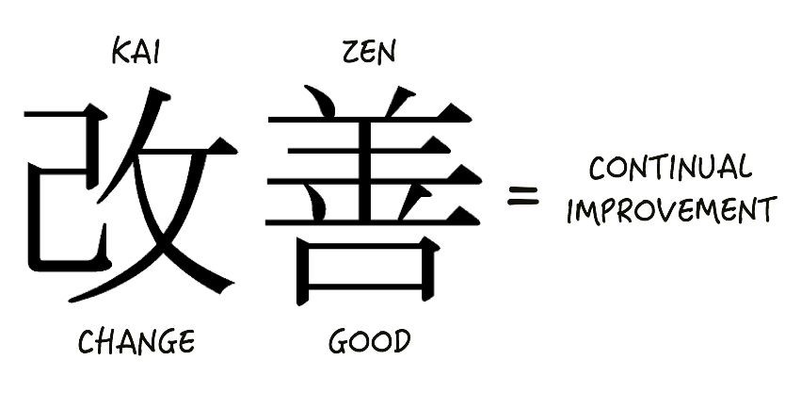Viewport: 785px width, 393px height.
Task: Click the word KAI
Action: (x=136, y=54)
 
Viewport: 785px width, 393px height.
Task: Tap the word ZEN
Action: (x=369, y=54)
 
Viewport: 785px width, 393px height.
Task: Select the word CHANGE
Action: (x=136, y=341)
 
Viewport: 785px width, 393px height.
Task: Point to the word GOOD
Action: (x=369, y=341)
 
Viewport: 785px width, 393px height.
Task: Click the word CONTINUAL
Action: (x=670, y=170)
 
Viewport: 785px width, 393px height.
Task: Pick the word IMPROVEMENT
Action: (x=671, y=209)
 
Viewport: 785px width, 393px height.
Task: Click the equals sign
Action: (x=523, y=196)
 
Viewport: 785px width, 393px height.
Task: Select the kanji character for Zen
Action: (x=372, y=193)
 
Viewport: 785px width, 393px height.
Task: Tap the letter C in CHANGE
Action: (x=86, y=341)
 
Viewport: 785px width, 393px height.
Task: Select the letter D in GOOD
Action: (x=401, y=341)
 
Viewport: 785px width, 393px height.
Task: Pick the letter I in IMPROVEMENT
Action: (x=571, y=210)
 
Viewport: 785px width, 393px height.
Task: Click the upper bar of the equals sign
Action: (x=523, y=189)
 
